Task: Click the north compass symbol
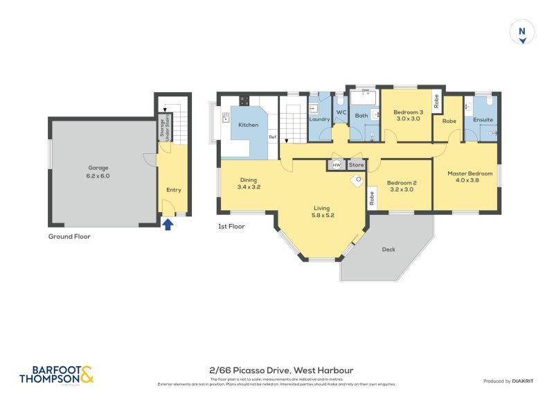coord(523,33)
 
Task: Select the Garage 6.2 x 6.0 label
coord(98,172)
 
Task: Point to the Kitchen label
coord(249,126)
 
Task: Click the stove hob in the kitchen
coord(244,100)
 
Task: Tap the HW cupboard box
coord(337,165)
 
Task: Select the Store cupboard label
coord(356,165)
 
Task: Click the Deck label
coord(388,250)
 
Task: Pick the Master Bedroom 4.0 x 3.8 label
coord(470,177)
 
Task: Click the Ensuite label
coord(483,119)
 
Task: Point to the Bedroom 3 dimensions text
coord(408,119)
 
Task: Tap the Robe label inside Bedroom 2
coord(372,199)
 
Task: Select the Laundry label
coord(319,119)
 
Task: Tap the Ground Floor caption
coord(69,236)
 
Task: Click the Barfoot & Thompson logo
coord(56,374)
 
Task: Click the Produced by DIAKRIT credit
coord(511,381)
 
